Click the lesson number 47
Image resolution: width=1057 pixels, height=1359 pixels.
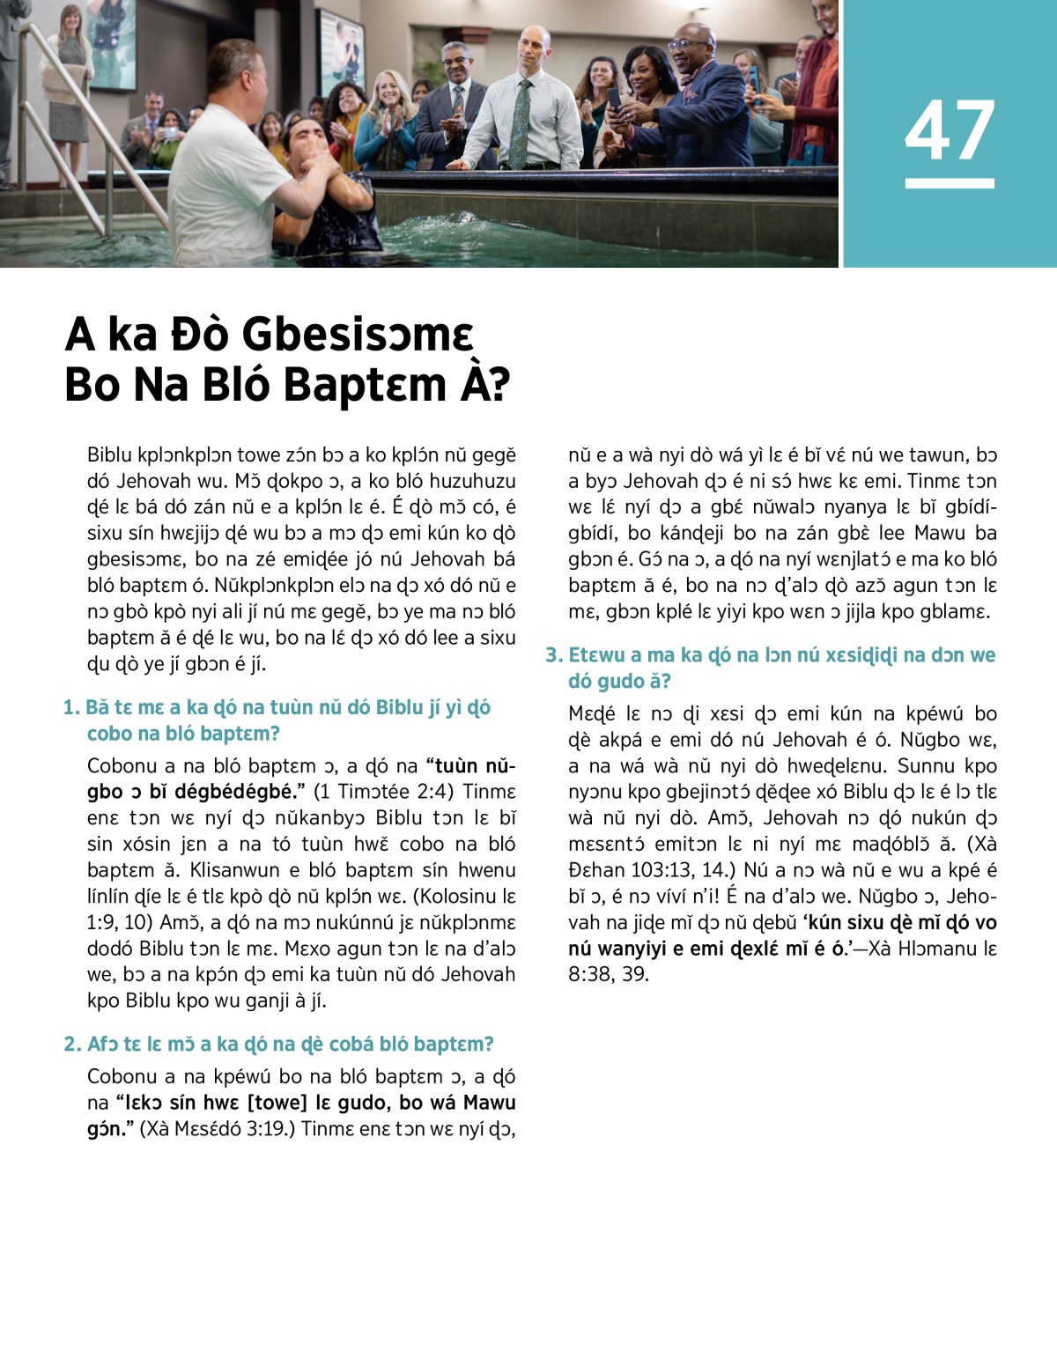click(950, 130)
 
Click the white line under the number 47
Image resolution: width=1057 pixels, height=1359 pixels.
click(950, 183)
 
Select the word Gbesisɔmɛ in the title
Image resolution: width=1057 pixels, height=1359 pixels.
click(357, 335)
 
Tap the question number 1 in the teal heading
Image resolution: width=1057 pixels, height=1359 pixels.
click(71, 708)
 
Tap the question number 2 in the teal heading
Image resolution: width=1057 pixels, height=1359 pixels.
click(72, 1045)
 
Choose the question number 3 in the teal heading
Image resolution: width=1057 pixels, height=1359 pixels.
click(553, 655)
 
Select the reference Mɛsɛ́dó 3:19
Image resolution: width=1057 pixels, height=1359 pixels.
click(226, 1128)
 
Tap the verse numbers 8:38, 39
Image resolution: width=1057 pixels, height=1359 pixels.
click(608, 974)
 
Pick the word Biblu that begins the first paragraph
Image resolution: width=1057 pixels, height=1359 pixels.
click(110, 455)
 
